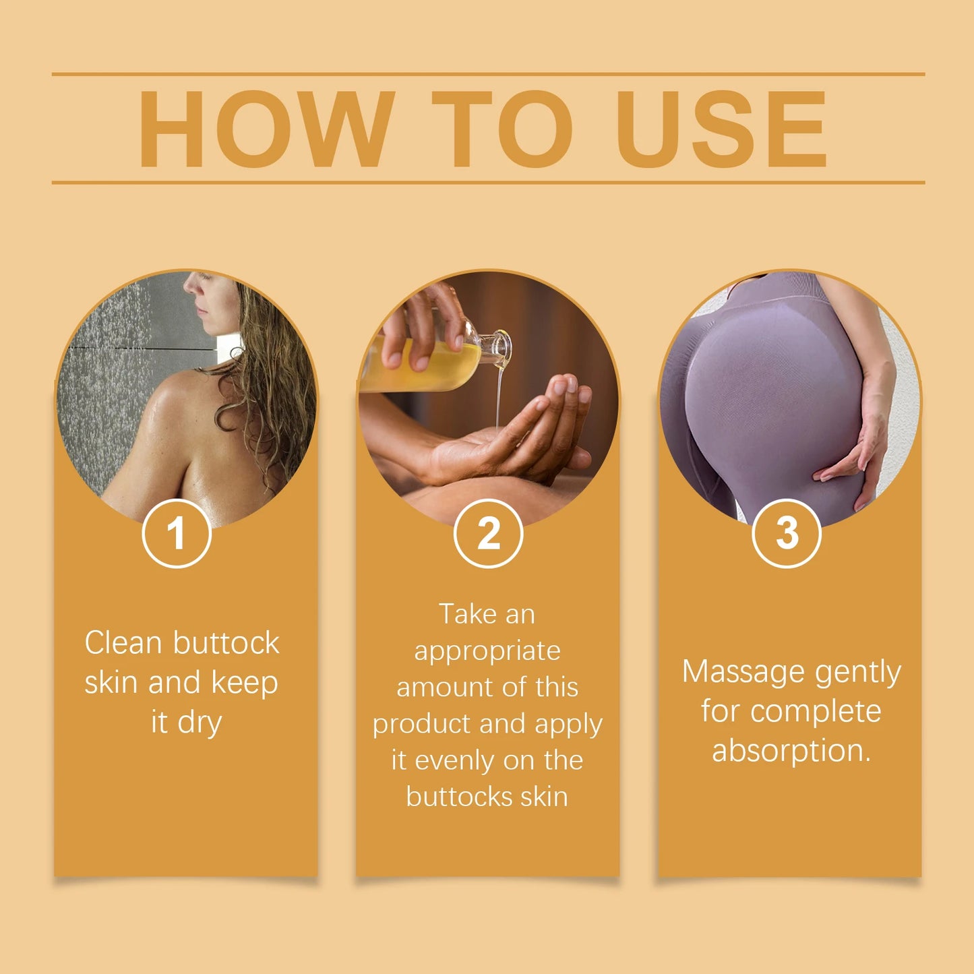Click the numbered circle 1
[x=177, y=533]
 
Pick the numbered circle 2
[x=488, y=533]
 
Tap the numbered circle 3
[x=786, y=533]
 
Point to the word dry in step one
[x=200, y=723]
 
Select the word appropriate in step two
[x=487, y=652]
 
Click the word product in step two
[x=421, y=725]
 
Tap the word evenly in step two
[x=454, y=761]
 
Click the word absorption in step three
[x=791, y=751]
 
